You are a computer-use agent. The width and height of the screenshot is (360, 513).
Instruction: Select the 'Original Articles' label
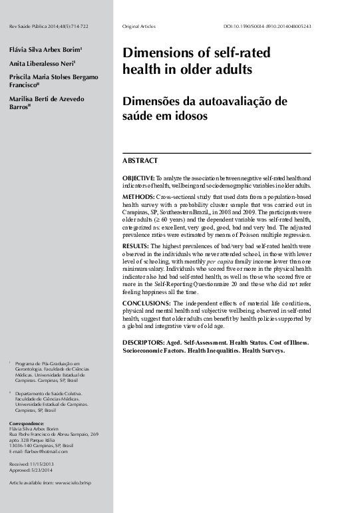coord(139,26)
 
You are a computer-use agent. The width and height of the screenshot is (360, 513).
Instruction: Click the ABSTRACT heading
coord(140,161)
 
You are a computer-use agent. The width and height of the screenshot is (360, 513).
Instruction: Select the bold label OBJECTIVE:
coord(138,179)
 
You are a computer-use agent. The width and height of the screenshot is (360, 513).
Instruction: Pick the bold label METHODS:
coord(138,198)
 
